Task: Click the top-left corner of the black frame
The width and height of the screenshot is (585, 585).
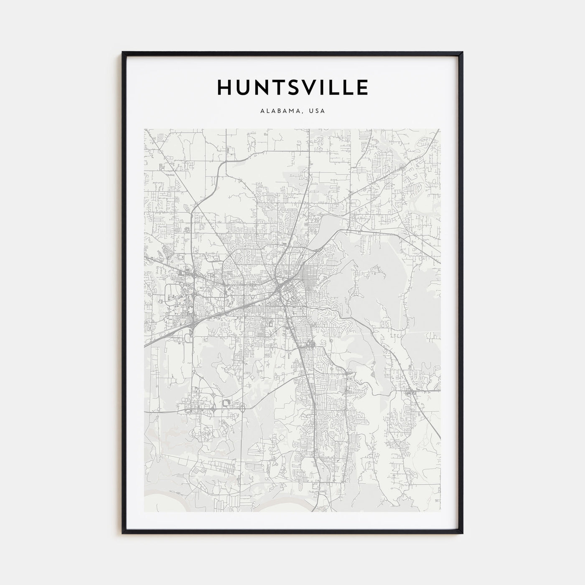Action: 123,52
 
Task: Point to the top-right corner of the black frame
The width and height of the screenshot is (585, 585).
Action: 462,52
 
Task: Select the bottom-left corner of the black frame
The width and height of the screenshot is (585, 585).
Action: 123,533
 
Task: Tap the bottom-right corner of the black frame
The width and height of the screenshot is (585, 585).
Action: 462,533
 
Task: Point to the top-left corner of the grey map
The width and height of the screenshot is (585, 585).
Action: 145,129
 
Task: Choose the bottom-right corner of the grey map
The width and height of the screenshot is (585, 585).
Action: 440,511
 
